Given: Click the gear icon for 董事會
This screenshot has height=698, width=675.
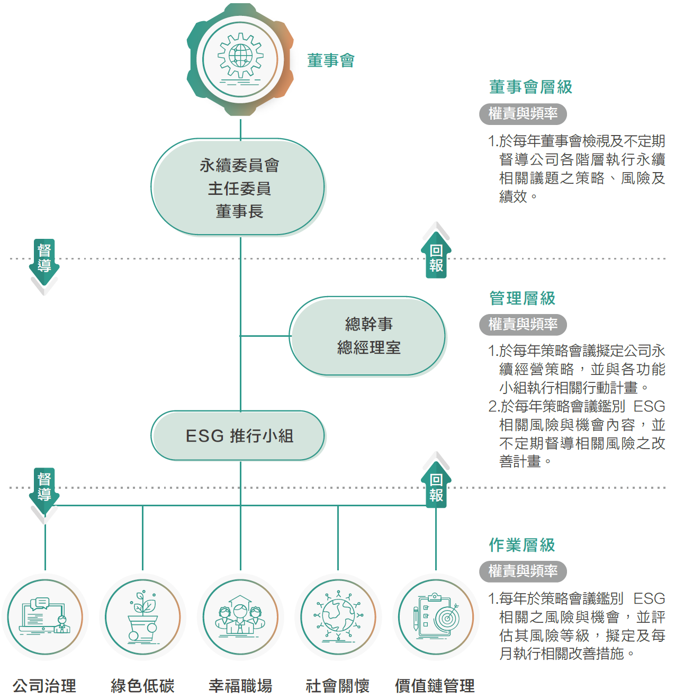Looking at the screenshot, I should point(240,59).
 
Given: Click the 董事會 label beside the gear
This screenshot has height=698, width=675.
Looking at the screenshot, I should point(331,60).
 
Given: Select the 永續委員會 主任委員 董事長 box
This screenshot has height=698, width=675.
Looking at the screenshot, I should point(238,187).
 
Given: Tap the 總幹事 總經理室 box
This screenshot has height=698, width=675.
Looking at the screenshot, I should point(368,336).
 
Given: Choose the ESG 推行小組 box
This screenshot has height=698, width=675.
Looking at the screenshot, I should point(238,436).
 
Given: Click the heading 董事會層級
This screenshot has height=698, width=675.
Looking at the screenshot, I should point(530,87).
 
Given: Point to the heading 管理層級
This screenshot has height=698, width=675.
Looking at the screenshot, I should point(522,298).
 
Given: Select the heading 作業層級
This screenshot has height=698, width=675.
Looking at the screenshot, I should point(522,544).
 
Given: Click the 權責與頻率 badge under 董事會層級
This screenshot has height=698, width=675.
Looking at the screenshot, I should point(523,113).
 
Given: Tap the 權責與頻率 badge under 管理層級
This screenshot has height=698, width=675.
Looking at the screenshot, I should point(523,324).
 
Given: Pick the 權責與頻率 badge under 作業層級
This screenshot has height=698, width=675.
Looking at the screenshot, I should point(523,571).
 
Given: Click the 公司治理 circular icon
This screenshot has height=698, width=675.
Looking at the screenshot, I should point(45,617).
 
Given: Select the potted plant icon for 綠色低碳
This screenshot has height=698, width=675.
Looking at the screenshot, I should point(142,617).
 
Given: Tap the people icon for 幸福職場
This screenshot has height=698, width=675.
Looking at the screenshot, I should point(240,617).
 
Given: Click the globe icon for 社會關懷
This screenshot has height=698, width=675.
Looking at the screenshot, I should point(338,617).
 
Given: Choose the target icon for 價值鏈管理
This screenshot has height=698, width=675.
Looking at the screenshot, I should point(436,617).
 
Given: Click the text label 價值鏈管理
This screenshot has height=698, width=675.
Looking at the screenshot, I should point(435,686).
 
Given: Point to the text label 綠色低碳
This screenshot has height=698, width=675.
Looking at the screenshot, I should point(142,686).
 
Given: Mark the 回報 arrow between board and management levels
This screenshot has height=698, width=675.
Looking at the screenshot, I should point(436,256).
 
